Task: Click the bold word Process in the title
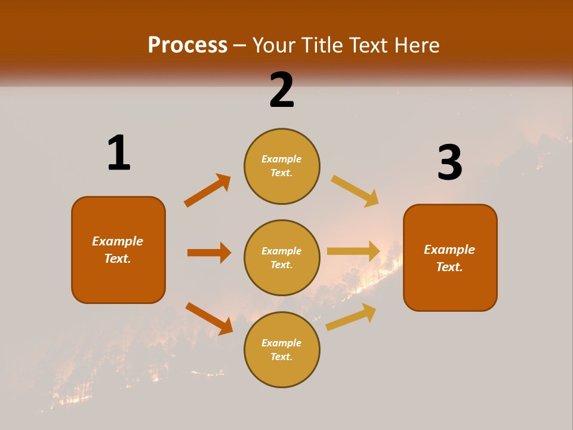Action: pyautogui.click(x=187, y=45)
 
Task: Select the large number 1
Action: pyautogui.click(x=119, y=153)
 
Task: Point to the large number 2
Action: pyautogui.click(x=282, y=90)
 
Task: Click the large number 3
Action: pyautogui.click(x=449, y=162)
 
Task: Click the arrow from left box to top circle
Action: pyautogui.click(x=207, y=190)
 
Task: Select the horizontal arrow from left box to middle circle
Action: pyautogui.click(x=209, y=253)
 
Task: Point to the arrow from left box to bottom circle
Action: pyautogui.click(x=208, y=318)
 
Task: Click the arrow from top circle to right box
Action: pyautogui.click(x=355, y=191)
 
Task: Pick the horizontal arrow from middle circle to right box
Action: pyautogui.click(x=353, y=251)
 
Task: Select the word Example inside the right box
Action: pyautogui.click(x=449, y=250)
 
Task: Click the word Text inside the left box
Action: pyautogui.click(x=117, y=259)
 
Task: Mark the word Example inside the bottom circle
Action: pyautogui.click(x=282, y=343)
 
